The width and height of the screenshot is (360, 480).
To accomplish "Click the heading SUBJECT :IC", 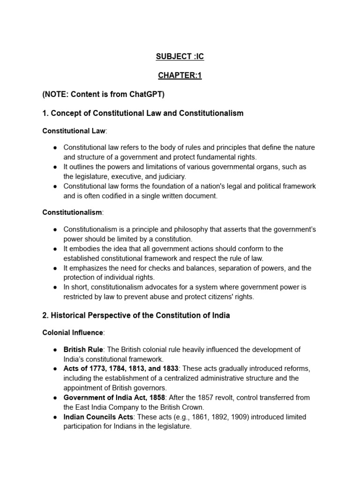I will (x=180, y=57).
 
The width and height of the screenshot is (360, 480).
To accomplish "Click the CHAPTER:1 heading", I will (x=180, y=75).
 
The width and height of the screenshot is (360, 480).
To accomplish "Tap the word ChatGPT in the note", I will (x=145, y=94).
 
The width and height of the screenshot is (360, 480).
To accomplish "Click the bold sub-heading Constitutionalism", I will (x=72, y=212).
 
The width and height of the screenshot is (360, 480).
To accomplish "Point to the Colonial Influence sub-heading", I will (x=73, y=332).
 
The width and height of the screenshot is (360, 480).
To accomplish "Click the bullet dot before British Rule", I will (x=55, y=350).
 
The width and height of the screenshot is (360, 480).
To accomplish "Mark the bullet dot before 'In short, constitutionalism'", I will (x=55, y=287).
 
